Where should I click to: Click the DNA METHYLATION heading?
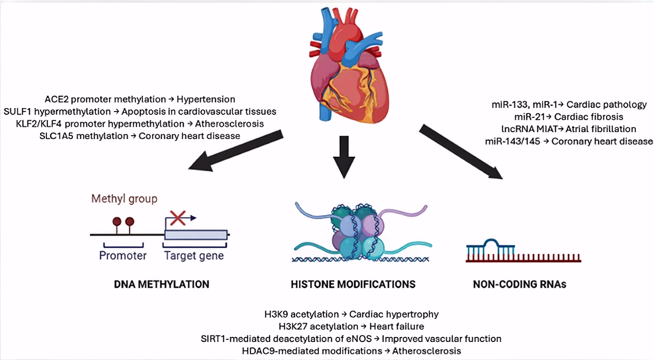pos(161,284)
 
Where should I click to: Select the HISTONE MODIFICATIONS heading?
pos(353,284)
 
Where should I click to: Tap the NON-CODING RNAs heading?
pos(519,284)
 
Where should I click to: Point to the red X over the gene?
pos(178,218)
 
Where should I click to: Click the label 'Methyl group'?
pos(124,198)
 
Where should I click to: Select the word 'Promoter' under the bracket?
pos(123,256)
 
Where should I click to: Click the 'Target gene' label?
pos(194,256)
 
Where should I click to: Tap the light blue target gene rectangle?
pos(196,235)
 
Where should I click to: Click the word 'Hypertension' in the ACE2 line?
pos(206,100)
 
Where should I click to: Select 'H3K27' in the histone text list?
pos(293,326)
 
